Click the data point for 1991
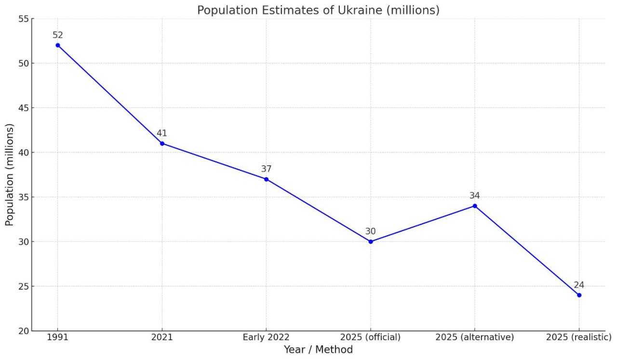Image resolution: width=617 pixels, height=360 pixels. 58,45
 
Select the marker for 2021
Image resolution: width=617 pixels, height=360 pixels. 162,144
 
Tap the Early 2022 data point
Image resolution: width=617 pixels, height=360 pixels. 266,179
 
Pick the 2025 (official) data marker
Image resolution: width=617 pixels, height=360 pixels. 371,241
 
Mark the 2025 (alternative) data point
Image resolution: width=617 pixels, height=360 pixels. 475,206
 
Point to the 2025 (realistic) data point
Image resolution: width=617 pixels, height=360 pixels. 579,295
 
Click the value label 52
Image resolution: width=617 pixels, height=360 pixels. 58,35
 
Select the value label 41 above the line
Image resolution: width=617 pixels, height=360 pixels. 162,133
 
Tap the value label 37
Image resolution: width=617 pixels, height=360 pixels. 266,169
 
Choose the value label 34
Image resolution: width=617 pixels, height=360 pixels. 475,196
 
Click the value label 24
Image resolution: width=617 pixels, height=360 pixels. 579,285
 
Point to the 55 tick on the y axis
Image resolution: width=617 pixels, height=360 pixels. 24,19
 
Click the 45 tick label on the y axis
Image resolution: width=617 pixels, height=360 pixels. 24,108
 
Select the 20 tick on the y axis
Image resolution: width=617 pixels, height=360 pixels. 24,331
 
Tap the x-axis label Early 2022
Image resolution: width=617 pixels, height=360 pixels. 266,337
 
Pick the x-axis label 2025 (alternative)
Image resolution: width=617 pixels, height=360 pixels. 475,337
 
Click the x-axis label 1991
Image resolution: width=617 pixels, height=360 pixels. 58,337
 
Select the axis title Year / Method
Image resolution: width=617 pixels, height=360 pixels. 318,350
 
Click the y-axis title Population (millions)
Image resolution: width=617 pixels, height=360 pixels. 10,174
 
